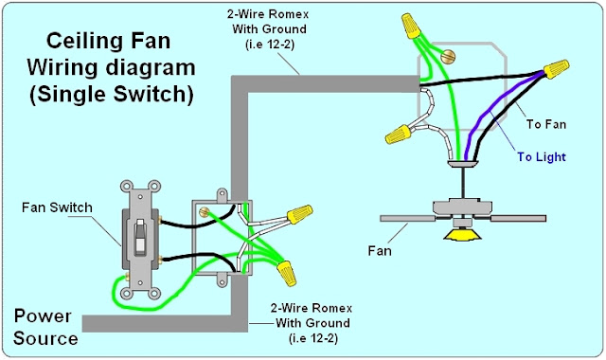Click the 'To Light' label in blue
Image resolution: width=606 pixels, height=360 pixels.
click(542, 157)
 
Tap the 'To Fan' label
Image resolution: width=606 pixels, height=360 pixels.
click(546, 124)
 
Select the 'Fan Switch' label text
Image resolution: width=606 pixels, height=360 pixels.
click(57, 207)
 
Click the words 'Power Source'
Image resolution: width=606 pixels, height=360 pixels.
click(45, 327)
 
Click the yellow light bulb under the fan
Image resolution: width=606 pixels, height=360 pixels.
click(462, 234)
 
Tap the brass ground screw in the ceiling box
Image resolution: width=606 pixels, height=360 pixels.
click(448, 57)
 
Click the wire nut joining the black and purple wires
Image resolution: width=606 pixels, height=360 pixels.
click(557, 68)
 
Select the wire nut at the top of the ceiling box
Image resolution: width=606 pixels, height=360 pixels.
click(411, 26)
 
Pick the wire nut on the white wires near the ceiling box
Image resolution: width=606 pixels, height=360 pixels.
click(398, 135)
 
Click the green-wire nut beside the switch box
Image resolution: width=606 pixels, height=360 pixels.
click(287, 273)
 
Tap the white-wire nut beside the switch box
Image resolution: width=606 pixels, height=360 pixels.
click(300, 214)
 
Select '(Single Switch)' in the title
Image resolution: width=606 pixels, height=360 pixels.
click(112, 94)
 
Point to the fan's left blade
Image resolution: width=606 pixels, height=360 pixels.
click(408, 219)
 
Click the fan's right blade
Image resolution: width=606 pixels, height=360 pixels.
click(518, 219)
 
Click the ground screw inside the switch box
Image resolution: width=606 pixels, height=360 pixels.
click(204, 211)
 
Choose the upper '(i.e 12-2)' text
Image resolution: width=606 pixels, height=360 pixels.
click(269, 45)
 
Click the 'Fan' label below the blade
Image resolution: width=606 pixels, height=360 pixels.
click(380, 251)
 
